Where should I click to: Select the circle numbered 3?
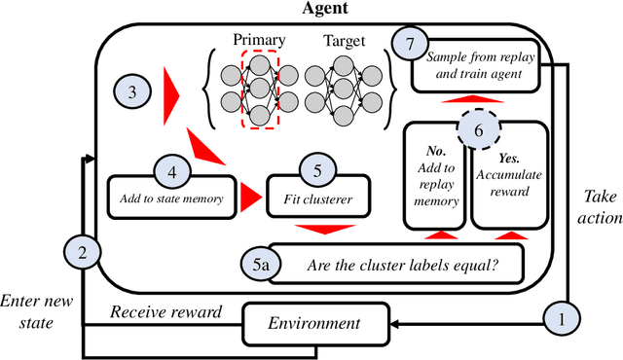pos(133,94)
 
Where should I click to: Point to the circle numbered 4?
pos(173,172)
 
